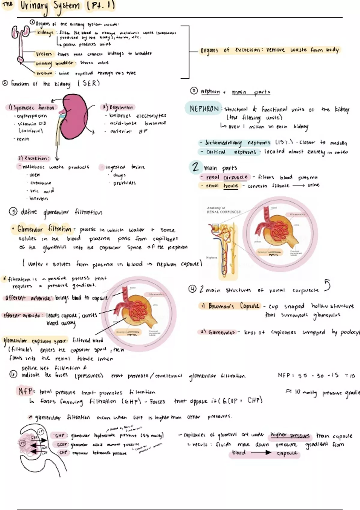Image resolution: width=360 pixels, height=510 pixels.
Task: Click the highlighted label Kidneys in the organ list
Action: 45,32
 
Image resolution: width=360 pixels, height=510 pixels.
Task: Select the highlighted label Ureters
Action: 44,54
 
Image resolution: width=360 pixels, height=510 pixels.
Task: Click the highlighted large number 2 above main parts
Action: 196,167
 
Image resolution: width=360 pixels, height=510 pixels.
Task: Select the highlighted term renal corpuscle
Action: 227,177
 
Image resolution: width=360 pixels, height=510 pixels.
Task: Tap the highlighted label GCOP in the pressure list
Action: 61,444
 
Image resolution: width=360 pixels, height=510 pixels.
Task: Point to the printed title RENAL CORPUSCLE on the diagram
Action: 224,212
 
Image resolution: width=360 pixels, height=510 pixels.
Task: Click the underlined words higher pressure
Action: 290,435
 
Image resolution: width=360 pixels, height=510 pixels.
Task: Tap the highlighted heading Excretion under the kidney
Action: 34,158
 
